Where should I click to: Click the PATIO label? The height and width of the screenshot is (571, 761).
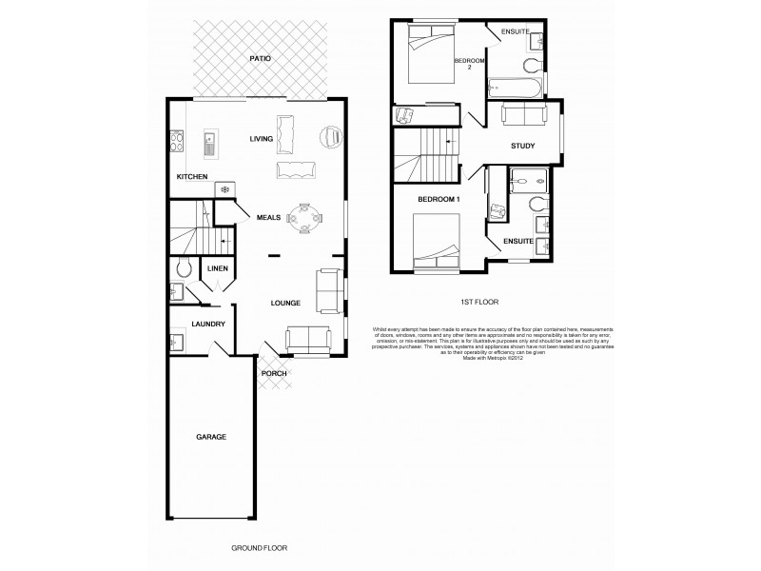[261, 59]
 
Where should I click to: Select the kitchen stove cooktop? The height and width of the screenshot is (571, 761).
[177, 141]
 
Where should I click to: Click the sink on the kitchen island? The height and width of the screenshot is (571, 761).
[209, 146]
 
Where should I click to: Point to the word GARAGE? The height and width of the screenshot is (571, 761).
[211, 437]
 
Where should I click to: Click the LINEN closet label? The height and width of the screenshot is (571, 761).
[217, 269]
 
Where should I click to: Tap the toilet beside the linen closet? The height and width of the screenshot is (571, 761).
[184, 268]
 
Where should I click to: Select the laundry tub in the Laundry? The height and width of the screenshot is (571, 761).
[178, 340]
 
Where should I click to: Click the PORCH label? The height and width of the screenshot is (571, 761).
[274, 373]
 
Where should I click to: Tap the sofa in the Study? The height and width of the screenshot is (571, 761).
[523, 115]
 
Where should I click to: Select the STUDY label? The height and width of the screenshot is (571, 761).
[522, 146]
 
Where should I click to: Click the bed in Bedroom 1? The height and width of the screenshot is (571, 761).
[437, 244]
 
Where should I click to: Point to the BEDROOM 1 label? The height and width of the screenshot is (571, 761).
[439, 199]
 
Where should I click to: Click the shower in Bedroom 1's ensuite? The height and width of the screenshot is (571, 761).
[525, 179]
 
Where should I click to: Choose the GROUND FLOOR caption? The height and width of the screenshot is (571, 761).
[259, 548]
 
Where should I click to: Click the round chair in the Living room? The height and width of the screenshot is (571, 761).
[330, 137]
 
